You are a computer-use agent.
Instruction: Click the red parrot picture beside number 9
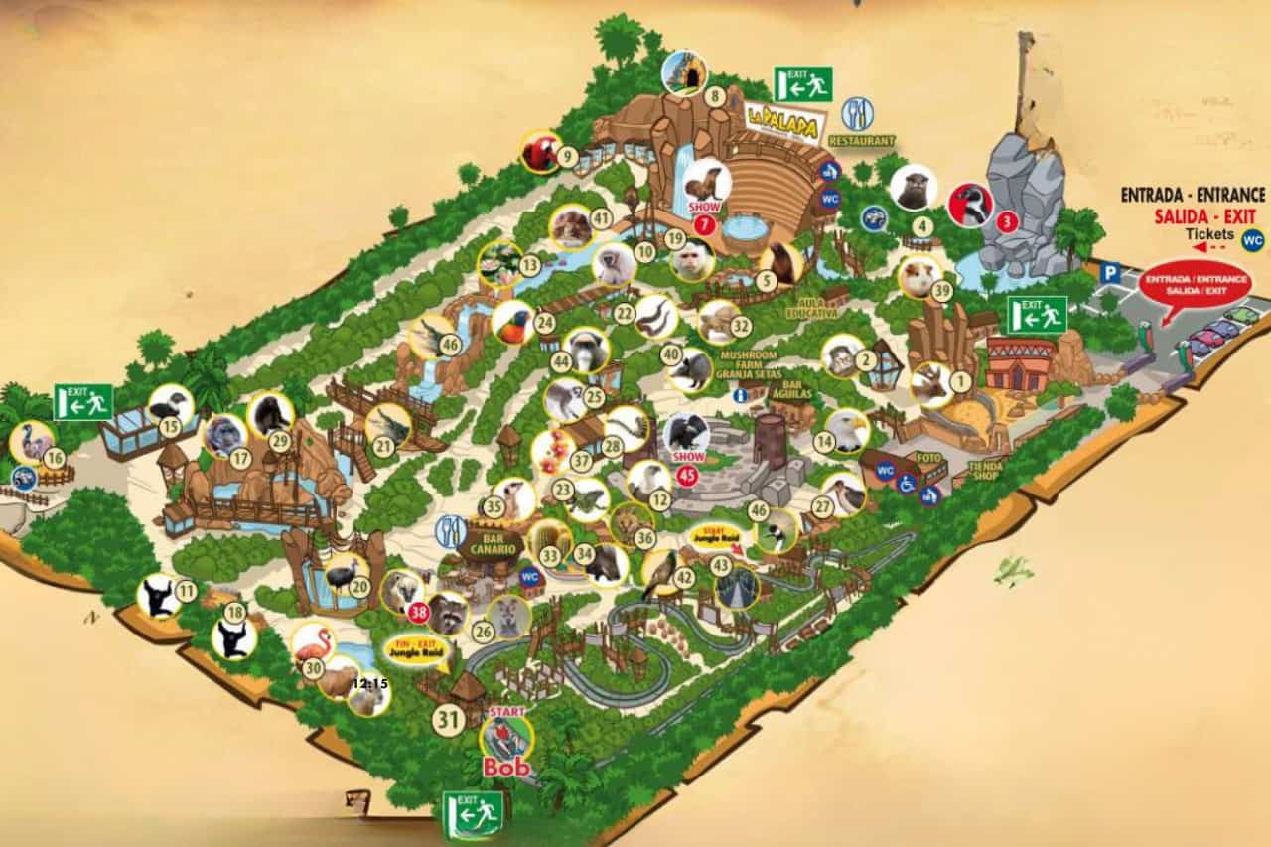tap(541, 152)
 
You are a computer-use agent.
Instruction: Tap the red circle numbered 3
tap(1006, 222)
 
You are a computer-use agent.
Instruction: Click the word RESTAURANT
tap(862, 141)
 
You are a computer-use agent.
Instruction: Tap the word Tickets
tap(1209, 234)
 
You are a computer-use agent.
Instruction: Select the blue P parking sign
tap(1112, 270)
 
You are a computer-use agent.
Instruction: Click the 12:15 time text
tap(370, 683)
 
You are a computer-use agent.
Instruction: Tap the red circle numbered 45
tap(687, 476)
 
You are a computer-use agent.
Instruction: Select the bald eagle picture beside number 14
tap(847, 429)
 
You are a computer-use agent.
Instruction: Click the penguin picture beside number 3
tap(970, 205)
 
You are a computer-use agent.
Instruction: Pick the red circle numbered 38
tap(418, 613)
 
